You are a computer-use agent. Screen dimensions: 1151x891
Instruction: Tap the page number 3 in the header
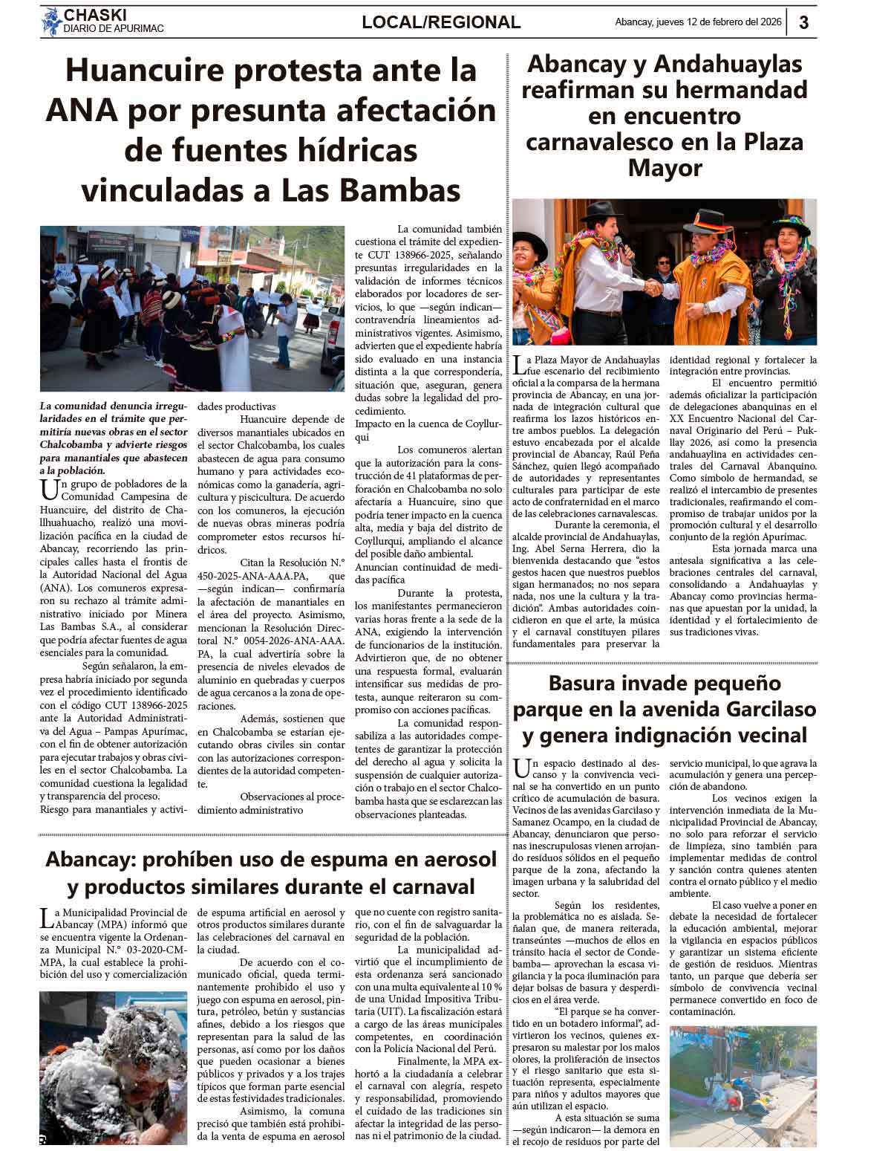(x=803, y=22)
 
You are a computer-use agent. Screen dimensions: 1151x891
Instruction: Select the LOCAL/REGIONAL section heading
(x=441, y=22)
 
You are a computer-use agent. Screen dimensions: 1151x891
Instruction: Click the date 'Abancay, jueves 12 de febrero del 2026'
(x=698, y=22)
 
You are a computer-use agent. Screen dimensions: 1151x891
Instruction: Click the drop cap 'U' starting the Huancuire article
(x=49, y=488)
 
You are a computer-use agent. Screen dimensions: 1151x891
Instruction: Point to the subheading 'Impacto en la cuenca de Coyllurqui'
(x=428, y=430)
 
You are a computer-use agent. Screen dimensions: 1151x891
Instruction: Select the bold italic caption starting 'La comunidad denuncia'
(x=114, y=438)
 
